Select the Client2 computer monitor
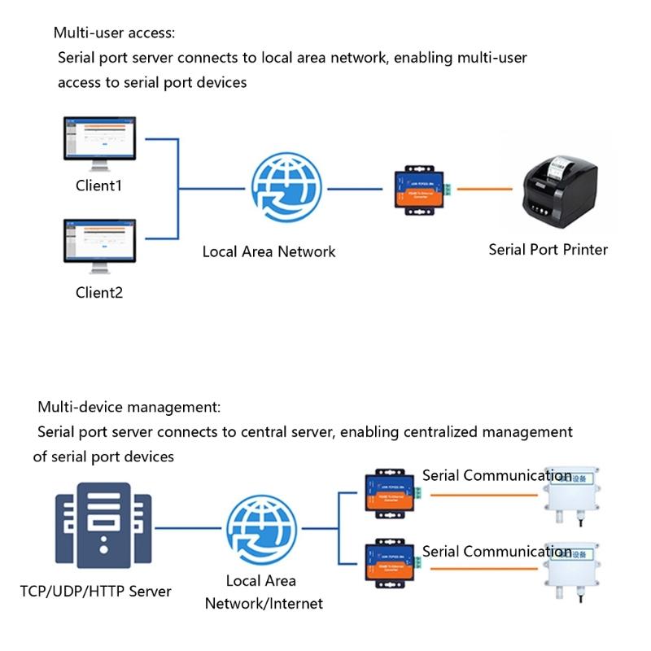[x=100, y=242]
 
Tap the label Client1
[x=99, y=186]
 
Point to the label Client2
[x=99, y=292]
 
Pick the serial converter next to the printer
[x=421, y=189]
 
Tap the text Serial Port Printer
[x=548, y=249]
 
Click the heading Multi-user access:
[x=114, y=33]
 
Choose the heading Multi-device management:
[x=129, y=407]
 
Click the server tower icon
[x=103, y=526]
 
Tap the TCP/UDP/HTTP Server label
[x=96, y=591]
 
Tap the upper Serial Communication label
[x=496, y=476]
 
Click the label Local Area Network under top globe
[x=269, y=251]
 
